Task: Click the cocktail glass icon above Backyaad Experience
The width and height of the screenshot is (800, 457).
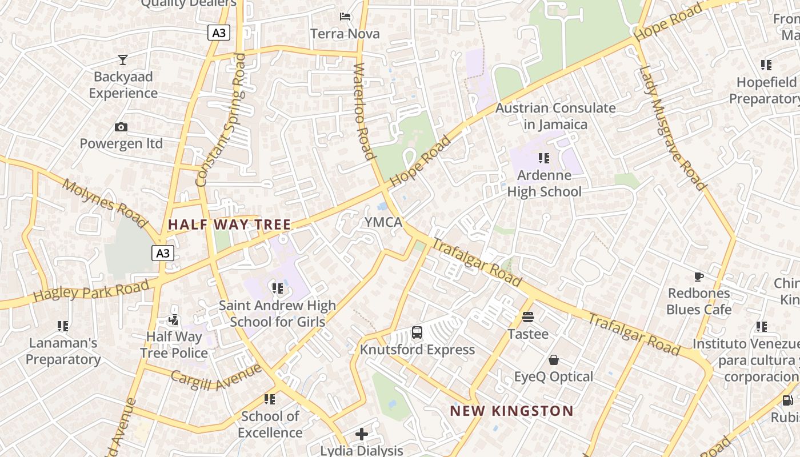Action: [123, 59]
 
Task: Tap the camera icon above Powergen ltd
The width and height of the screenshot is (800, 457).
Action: [121, 127]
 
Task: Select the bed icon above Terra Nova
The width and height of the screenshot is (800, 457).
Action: [345, 16]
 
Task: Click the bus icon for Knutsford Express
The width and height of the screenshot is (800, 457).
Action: [417, 332]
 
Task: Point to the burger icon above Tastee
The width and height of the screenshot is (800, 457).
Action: [528, 316]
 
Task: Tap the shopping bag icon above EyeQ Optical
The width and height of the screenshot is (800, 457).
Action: [553, 360]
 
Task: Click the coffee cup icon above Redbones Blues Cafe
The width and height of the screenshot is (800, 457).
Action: [698, 276]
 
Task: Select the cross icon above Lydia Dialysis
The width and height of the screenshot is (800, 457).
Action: [362, 434]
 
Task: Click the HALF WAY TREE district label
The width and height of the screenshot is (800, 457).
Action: [230, 225]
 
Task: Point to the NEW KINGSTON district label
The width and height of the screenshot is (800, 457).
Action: [511, 411]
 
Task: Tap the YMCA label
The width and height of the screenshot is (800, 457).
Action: [384, 222]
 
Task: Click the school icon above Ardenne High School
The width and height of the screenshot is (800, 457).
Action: [544, 157]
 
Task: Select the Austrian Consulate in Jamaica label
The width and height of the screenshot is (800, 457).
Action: [555, 116]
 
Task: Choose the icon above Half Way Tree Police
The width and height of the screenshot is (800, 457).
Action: [174, 320]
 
